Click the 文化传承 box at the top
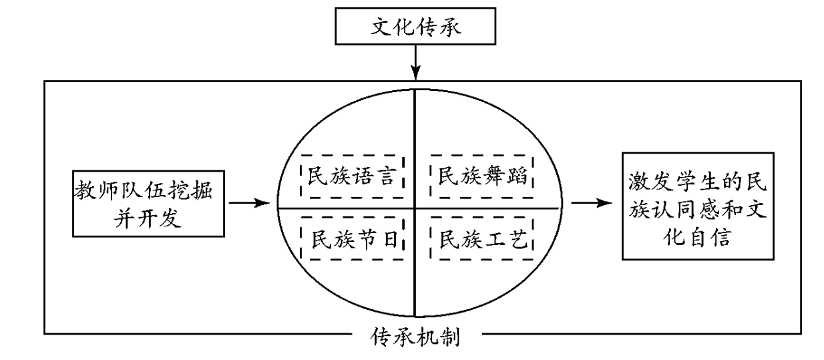416,29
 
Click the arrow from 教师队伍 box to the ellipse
248,202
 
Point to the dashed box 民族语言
353,176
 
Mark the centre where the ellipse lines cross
415,207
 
